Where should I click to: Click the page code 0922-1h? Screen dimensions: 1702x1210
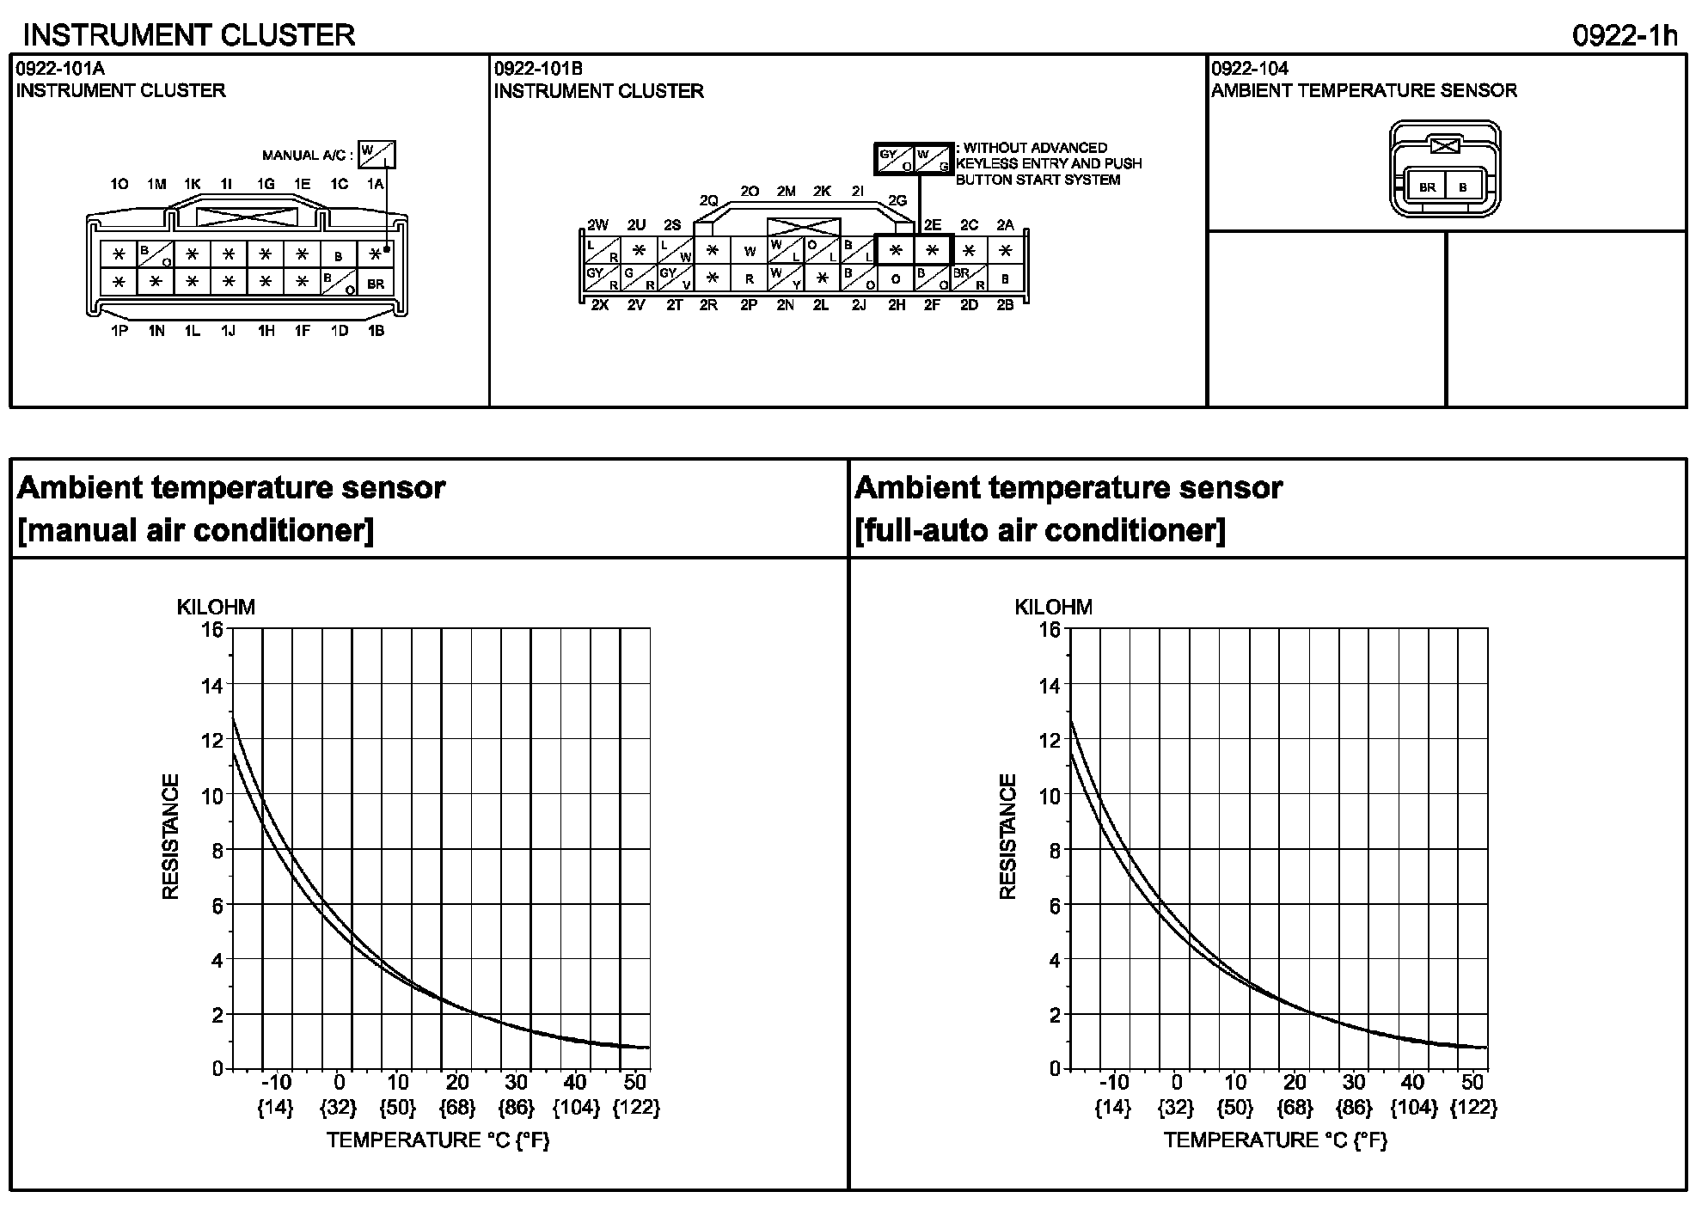pos(1625,35)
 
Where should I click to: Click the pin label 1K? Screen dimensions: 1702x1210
pos(193,184)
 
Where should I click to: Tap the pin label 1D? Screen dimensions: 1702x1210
pos(340,331)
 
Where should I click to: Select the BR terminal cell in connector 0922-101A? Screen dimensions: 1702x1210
pos(376,284)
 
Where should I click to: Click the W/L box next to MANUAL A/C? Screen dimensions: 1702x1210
pos(377,155)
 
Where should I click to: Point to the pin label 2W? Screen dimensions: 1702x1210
pos(597,225)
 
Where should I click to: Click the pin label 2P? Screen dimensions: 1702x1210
pos(749,305)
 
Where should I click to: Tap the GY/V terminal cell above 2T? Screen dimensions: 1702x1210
pos(676,278)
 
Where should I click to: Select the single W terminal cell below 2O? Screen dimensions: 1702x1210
pos(750,251)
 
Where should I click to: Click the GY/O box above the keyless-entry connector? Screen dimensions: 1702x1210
pos(895,159)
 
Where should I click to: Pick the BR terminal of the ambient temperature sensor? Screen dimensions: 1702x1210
pos(1427,187)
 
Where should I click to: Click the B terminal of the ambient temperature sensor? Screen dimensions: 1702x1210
pos(1463,187)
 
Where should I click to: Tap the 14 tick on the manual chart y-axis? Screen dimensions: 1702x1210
pos(211,686)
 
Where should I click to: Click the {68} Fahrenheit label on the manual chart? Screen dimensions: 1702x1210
pos(457,1108)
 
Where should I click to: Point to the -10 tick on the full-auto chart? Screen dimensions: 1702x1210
pos(1114,1081)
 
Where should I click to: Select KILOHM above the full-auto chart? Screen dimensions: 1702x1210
pos(1053,607)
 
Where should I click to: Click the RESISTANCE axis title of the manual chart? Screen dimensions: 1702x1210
pos(170,837)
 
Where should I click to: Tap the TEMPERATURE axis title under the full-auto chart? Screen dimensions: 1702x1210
pos(1276,1140)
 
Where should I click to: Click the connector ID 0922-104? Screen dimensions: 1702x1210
pos(1250,69)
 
